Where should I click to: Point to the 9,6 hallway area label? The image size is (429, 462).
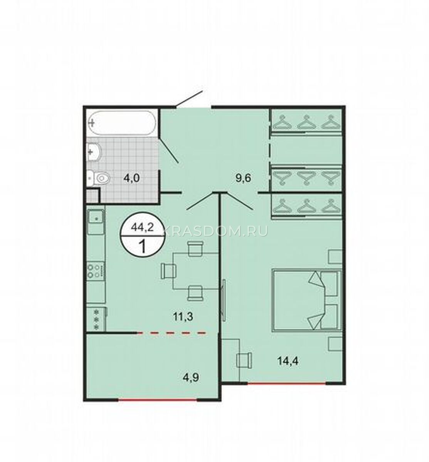click(x=244, y=179)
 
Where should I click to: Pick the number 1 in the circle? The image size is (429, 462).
click(x=142, y=246)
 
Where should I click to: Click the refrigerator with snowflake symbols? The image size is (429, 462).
click(x=97, y=319)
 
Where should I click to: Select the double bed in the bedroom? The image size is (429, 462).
click(x=307, y=300)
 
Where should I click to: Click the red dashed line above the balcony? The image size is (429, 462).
click(x=171, y=333)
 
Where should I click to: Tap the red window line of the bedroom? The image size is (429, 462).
click(x=286, y=383)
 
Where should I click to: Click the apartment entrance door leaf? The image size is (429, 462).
click(x=189, y=99)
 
